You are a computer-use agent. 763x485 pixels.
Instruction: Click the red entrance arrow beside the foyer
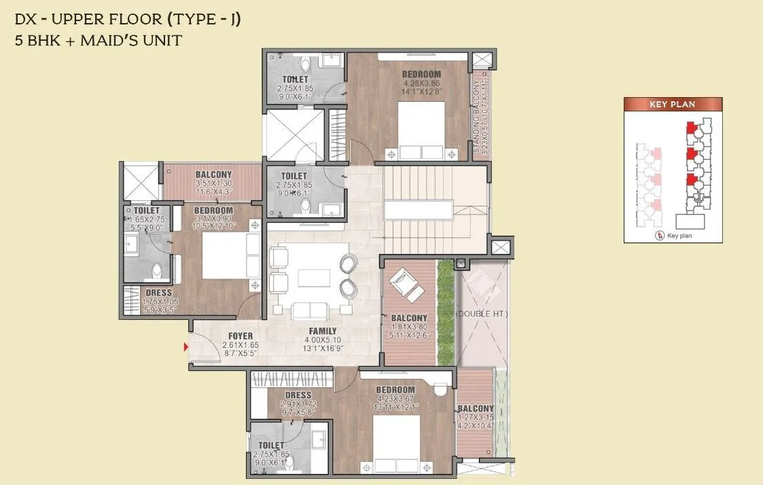click(186, 347)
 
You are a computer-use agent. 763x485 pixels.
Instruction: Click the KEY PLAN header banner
click(673, 105)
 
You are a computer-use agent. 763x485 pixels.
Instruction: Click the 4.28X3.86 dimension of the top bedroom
click(421, 84)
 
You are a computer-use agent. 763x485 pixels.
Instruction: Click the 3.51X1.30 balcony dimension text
click(213, 183)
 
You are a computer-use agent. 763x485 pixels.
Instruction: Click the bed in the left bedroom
click(224, 256)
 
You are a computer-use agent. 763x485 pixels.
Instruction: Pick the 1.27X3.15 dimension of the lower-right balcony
click(475, 418)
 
